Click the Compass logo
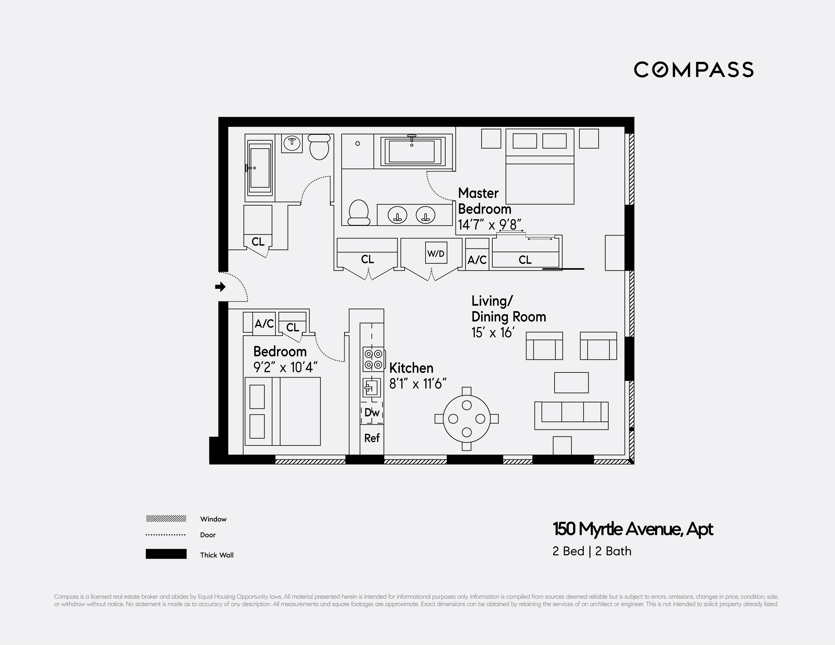pos(693,69)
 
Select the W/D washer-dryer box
pos(436,253)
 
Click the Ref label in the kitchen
pos(372,438)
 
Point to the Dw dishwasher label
pos(372,412)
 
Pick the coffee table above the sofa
pos(571,383)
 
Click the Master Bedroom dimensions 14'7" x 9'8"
pos(489,225)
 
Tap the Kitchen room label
pos(411,368)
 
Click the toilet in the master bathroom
pos(359,212)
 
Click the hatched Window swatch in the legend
pos(166,519)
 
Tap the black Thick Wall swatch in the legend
pos(166,554)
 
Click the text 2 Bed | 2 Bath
pos(592,551)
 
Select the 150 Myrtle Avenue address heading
pos(633,529)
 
